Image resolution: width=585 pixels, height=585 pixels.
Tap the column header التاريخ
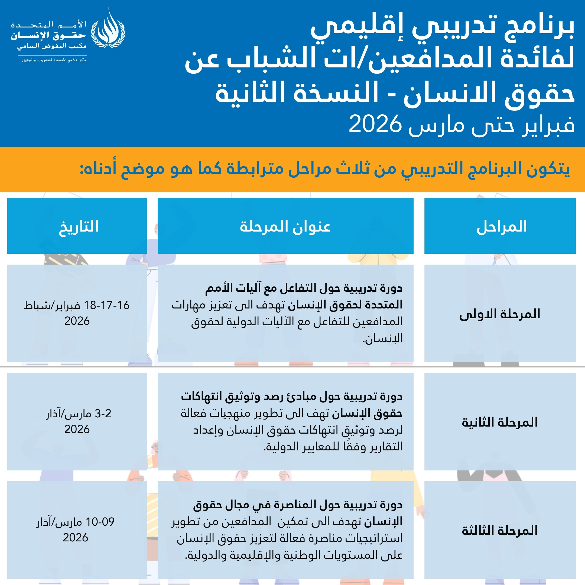coord(79,226)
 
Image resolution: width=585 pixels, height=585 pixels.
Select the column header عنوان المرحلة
coord(285,226)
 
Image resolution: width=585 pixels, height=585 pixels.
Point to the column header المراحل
coord(501,226)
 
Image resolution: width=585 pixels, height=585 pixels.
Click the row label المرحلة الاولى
coord(500,314)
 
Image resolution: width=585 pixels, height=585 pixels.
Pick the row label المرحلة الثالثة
coord(500,531)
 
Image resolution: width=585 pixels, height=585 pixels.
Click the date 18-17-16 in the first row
coord(107,305)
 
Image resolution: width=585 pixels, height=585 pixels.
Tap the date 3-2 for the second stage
coord(103,414)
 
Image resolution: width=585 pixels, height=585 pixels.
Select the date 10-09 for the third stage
coord(100,522)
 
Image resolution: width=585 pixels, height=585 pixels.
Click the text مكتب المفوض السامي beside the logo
coord(52,46)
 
